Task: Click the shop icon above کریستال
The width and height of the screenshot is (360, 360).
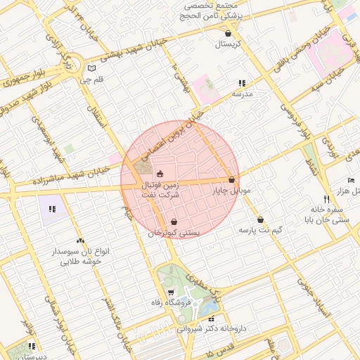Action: click(228, 33)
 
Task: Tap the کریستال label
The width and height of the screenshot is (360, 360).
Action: click(228, 44)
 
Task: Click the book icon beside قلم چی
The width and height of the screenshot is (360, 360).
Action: click(91, 68)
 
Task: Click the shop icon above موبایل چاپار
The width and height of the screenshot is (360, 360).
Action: click(231, 179)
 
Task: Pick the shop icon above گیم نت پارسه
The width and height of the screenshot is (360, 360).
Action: click(260, 219)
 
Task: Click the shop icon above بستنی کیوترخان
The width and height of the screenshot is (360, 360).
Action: click(174, 221)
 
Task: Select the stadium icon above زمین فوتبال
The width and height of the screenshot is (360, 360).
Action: click(160, 174)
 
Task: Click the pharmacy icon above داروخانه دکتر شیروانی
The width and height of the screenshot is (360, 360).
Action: click(211, 319)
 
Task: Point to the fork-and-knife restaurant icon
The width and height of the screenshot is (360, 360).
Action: click(326, 199)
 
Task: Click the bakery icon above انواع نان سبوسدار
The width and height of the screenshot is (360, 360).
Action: click(80, 240)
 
